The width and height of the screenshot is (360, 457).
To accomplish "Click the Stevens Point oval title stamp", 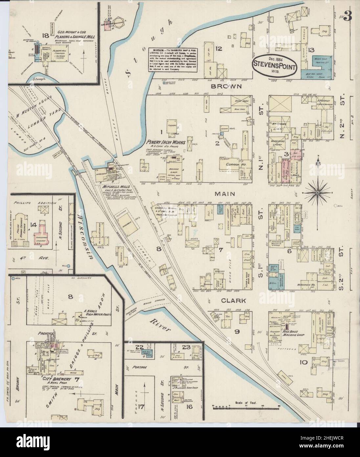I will point(275,64).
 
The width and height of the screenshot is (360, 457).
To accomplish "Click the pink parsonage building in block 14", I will point(42,232).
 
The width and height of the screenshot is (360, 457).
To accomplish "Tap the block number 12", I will point(219,49).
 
